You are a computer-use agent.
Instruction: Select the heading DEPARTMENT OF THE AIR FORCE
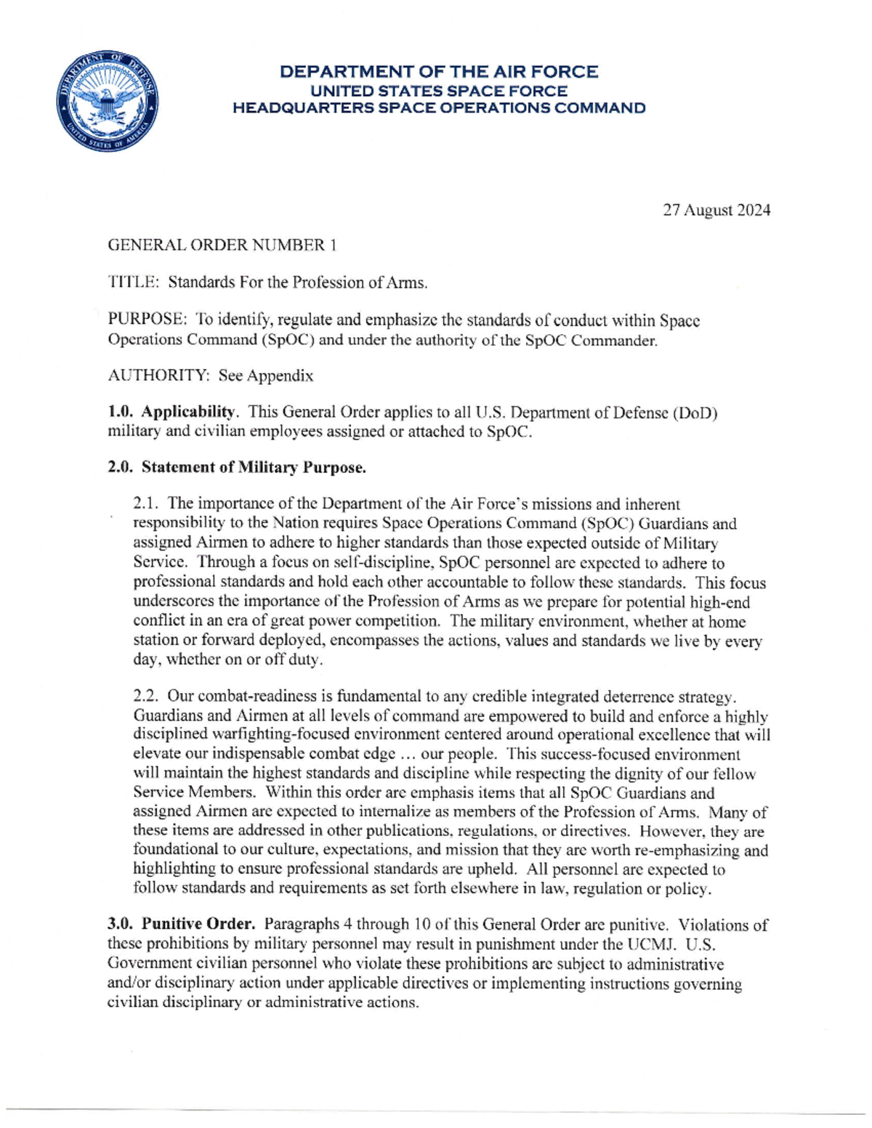[439, 72]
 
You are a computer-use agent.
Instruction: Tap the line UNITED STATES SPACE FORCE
[439, 91]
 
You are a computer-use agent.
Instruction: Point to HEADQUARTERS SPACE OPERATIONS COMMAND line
[439, 109]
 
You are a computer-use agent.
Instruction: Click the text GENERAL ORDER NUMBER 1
[222, 246]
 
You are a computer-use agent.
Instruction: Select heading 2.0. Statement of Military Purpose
[237, 468]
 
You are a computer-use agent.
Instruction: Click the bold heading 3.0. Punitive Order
[182, 925]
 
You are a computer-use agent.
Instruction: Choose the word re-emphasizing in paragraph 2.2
[692, 850]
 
